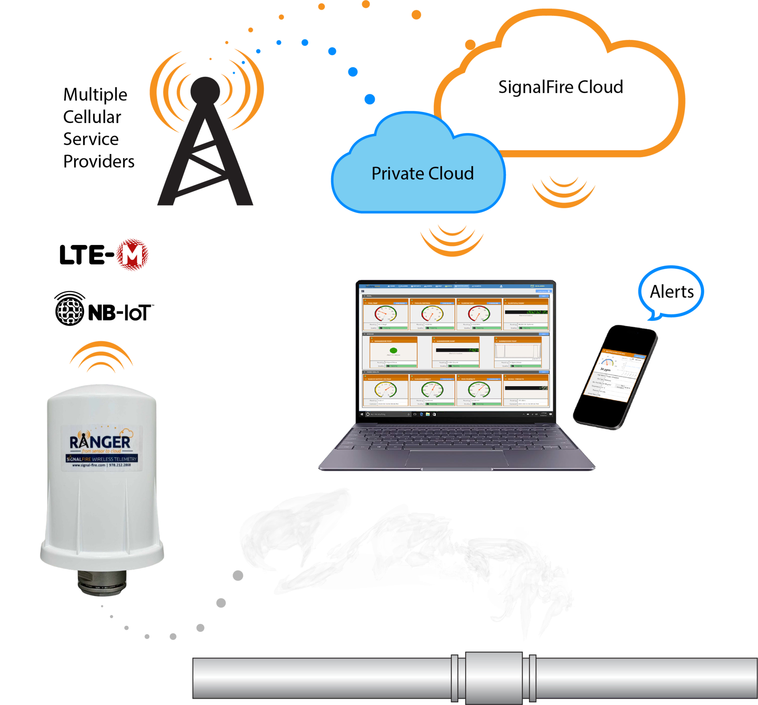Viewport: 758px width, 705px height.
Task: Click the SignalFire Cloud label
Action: click(561, 87)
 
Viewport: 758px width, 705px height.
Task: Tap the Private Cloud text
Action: click(422, 174)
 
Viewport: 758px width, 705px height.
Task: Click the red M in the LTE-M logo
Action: click(132, 255)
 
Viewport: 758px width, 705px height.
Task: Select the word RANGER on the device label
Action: click(100, 442)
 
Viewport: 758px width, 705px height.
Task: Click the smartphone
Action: click(614, 377)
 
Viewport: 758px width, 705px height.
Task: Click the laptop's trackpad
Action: click(458, 458)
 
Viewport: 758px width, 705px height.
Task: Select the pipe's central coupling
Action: click(494, 678)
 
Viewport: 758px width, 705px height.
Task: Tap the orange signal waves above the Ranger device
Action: click(101, 357)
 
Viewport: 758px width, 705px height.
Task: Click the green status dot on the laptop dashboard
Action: click(393, 350)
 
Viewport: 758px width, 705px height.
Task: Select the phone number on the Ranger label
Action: click(120, 465)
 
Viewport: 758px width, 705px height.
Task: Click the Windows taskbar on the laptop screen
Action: click(456, 414)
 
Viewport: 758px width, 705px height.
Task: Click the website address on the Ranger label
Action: click(88, 465)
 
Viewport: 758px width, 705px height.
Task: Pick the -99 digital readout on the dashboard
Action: click(543, 388)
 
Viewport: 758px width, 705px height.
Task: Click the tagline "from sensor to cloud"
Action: click(101, 451)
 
